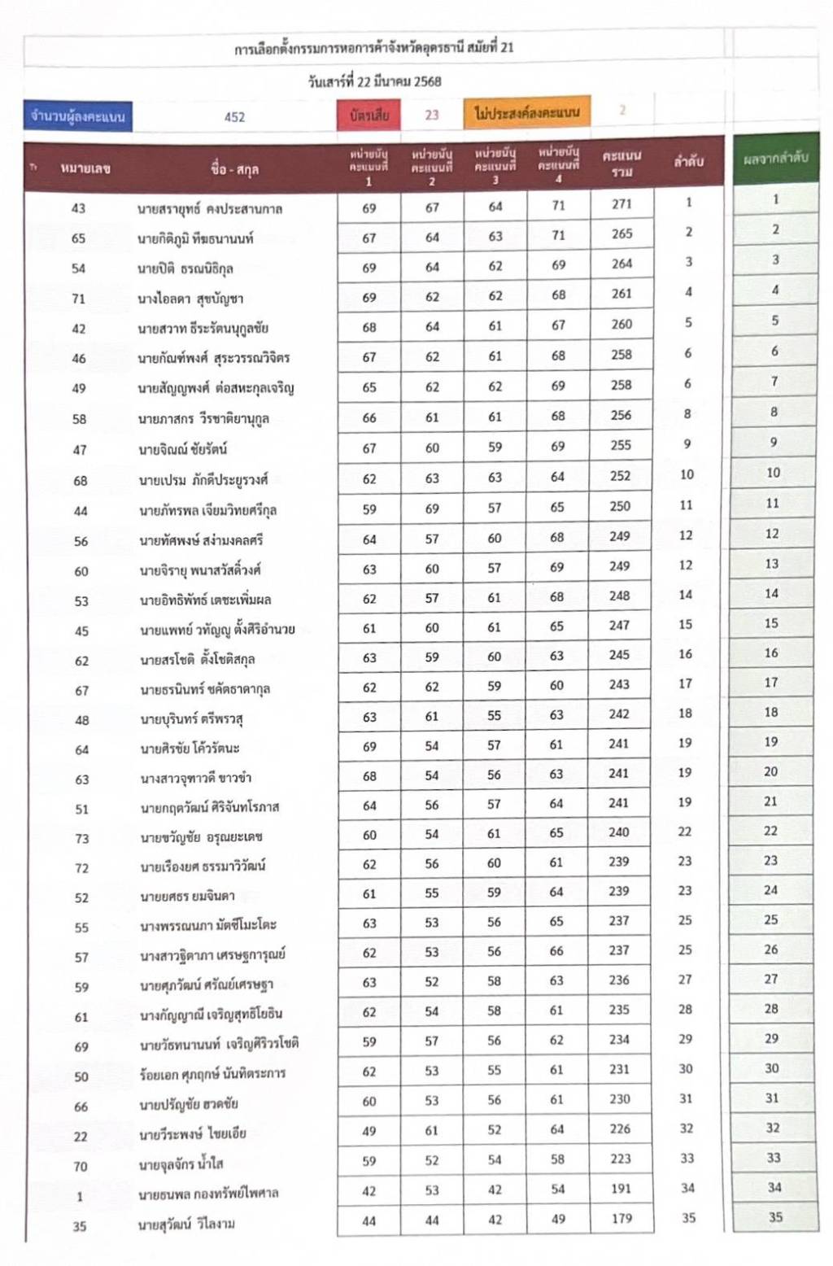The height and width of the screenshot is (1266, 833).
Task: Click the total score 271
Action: point(621,204)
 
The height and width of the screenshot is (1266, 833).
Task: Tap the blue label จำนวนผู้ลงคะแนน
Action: point(78,116)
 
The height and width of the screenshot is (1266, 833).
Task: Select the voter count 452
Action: point(234,117)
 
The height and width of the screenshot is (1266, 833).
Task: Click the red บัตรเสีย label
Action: point(369,116)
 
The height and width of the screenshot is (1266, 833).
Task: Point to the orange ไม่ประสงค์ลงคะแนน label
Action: point(527,112)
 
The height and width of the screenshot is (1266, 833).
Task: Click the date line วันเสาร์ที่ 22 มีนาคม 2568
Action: point(374,81)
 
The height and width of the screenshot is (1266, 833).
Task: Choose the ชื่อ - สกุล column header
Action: point(234,169)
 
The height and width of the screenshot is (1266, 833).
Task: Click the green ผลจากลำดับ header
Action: point(775,158)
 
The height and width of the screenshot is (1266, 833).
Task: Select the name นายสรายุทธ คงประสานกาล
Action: point(210,209)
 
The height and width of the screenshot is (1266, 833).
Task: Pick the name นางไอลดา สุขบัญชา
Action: point(190,299)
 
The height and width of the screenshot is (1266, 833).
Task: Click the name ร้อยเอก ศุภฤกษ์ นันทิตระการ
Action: point(212,1074)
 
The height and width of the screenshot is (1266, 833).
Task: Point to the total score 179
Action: point(621,1218)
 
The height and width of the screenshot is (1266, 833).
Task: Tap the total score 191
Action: point(621,1189)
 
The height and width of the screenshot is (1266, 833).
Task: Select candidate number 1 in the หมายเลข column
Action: point(80,1196)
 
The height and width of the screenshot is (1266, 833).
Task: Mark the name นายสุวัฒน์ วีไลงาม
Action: point(187,1224)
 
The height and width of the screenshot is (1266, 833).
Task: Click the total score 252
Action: point(620,476)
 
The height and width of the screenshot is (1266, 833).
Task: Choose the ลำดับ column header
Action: point(688,161)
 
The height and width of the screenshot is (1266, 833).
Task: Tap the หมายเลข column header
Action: point(85,169)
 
